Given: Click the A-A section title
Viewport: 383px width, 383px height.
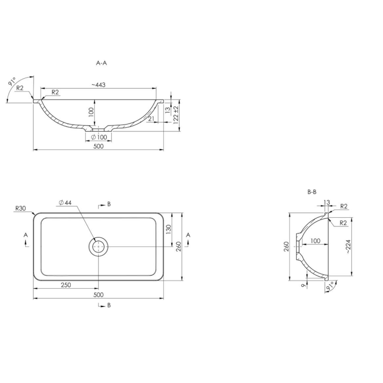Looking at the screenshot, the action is [x=101, y=63].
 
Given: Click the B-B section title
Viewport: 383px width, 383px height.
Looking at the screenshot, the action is [x=312, y=192].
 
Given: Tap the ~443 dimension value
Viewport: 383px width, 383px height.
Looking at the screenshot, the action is [x=99, y=85].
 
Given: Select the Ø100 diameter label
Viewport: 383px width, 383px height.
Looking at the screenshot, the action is [x=99, y=137].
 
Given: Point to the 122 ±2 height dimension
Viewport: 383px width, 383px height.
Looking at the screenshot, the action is [x=176, y=115].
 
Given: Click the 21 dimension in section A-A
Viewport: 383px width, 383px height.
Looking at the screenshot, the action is [x=151, y=119].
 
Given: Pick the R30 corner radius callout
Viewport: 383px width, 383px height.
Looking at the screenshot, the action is [x=21, y=208].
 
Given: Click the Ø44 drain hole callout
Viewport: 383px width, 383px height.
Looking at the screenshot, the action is [x=65, y=203].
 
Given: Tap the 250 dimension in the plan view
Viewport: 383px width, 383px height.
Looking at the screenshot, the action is [x=66, y=285].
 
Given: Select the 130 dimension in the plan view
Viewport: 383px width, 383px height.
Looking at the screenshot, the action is [x=169, y=230].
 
